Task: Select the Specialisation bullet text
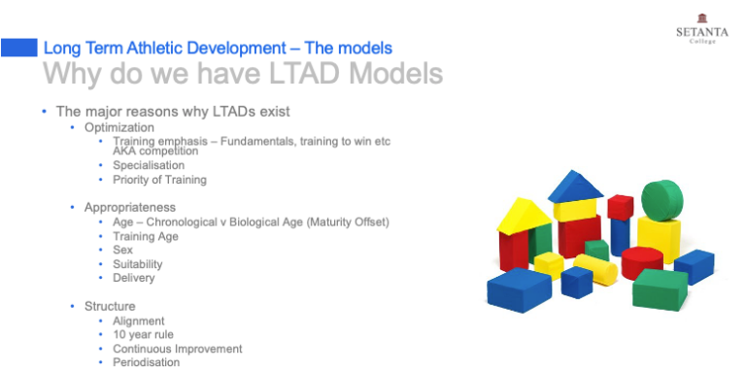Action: pos(148,165)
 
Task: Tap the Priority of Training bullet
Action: pos(159,179)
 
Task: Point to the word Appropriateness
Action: pos(129,207)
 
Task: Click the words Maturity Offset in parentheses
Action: pos(346,221)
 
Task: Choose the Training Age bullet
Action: pos(145,235)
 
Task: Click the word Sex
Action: pos(122,250)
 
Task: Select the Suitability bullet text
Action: pos(137,263)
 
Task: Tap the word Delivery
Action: pos(133,278)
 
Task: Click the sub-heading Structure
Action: pos(109,306)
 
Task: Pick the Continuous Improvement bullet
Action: pos(177,349)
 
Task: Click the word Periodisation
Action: pos(146,362)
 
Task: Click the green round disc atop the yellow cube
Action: pos(661,200)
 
